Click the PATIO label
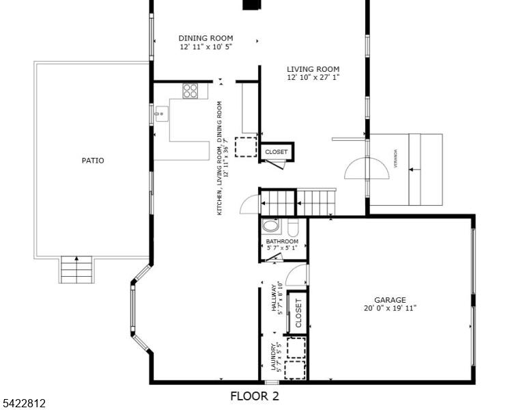pyautogui.click(x=93, y=161)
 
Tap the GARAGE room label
pyautogui.click(x=390, y=300)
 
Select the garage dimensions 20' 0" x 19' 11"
pyautogui.click(x=390, y=308)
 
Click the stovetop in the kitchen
pyautogui.click(x=190, y=91)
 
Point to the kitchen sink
pyautogui.click(x=161, y=113)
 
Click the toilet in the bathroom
pyautogui.click(x=294, y=227)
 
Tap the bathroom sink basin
pyautogui.click(x=270, y=225)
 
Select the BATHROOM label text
pyautogui.click(x=282, y=241)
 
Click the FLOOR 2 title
pyautogui.click(x=255, y=396)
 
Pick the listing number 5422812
pyautogui.click(x=23, y=403)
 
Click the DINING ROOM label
pyautogui.click(x=206, y=38)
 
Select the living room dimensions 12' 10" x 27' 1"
pyautogui.click(x=313, y=77)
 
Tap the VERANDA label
pyautogui.click(x=395, y=159)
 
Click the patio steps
pyautogui.click(x=76, y=270)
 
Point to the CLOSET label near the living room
pyautogui.click(x=276, y=152)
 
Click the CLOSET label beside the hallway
pyautogui.click(x=298, y=313)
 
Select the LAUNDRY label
pyautogui.click(x=274, y=357)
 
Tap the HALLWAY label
pyautogui.click(x=274, y=298)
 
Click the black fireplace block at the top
pyautogui.click(x=251, y=4)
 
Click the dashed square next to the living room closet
pyautogui.click(x=246, y=147)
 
